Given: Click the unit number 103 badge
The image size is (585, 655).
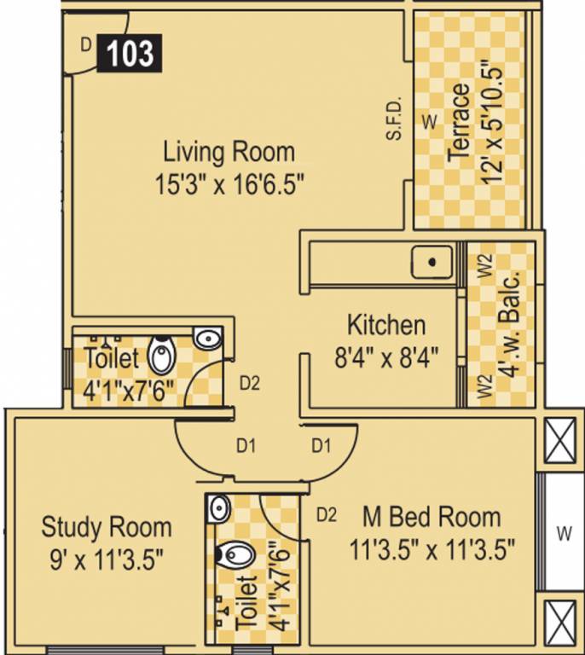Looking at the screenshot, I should [130, 54].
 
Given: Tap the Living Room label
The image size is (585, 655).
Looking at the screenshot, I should [229, 153].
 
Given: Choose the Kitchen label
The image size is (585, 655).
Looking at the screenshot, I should [385, 325].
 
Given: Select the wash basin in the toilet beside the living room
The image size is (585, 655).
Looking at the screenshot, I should [207, 339].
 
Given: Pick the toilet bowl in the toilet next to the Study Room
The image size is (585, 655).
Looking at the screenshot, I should [235, 555].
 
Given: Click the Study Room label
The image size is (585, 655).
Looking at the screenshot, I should [107, 526].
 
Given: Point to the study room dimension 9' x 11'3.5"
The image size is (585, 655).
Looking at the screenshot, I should [107, 558].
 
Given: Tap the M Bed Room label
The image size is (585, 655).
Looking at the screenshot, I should [432, 517].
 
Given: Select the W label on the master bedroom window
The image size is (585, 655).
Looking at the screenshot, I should [563, 535].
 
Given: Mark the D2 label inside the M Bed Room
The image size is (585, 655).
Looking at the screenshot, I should [327, 514].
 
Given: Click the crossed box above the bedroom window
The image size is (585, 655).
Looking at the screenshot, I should [562, 442].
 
